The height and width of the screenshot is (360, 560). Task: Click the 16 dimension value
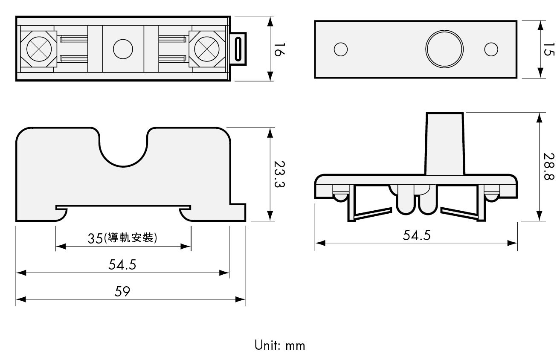279,49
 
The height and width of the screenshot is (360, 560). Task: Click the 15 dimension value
549,49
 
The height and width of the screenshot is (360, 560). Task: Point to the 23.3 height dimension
279,174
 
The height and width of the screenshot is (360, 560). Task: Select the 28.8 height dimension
549,166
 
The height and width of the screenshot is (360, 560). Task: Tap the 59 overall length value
122,291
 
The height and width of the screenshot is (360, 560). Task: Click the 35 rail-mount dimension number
95,238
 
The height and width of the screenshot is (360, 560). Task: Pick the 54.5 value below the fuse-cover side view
417,235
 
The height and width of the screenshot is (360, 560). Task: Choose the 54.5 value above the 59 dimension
122,264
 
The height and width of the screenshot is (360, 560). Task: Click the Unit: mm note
280,345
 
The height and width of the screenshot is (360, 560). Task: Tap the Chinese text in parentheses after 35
130,238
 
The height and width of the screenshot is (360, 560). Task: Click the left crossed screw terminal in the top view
39,49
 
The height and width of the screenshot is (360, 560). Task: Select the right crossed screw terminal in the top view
207,49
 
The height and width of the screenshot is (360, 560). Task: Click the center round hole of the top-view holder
123,49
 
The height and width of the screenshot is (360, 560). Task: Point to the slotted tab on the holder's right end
238,49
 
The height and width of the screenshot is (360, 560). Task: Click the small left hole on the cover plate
341,49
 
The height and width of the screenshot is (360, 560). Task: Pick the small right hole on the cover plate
491,49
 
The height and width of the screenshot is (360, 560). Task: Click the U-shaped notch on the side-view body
123,166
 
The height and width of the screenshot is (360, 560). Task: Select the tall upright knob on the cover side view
444,144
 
